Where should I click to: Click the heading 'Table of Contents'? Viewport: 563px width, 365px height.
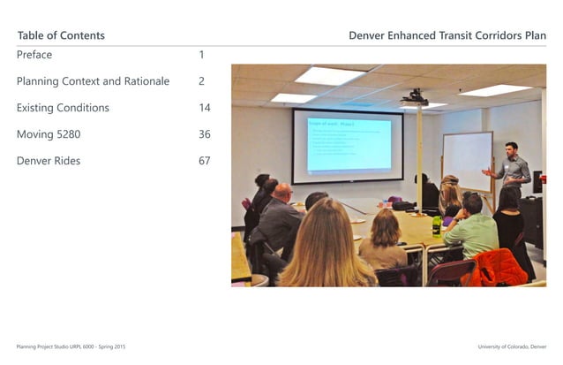point(61,35)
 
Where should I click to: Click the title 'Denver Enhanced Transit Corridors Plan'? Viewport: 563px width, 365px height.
point(447,35)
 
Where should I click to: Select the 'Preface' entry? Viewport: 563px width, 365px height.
point(34,55)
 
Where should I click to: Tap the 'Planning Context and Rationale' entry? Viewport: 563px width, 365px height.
point(93,81)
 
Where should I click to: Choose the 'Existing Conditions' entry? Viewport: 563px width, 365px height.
point(63,108)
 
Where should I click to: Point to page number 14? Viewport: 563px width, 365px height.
point(204,108)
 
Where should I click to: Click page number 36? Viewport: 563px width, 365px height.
point(204,134)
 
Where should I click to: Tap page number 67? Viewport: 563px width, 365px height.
point(204,161)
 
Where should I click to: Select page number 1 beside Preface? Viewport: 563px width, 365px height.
point(201,55)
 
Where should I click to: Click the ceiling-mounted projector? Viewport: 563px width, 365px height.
point(415,98)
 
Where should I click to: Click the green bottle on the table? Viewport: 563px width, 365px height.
point(436,226)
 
